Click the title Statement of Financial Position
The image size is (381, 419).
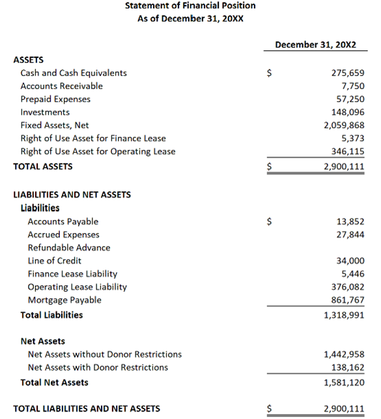pos(190,6)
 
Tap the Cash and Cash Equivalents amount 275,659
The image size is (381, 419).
pos(348,73)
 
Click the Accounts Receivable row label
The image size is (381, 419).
pos(61,86)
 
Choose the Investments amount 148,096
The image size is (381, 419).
pos(348,112)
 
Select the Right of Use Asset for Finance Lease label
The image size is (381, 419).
pos(93,138)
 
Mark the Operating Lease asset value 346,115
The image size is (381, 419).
pos(348,151)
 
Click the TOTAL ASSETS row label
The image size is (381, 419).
pos(43,166)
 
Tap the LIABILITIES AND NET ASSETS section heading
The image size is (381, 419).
pos(72,194)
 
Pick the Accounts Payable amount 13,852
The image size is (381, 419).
pos(352,222)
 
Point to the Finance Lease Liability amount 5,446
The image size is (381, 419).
pos(354,274)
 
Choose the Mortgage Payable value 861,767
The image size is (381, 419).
pos(348,300)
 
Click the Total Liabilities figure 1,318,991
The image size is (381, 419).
pos(344,315)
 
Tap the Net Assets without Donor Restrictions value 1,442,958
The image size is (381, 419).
pos(344,354)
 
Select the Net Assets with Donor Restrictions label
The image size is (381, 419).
pos(98,367)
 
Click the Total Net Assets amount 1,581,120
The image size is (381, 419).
pos(344,382)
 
